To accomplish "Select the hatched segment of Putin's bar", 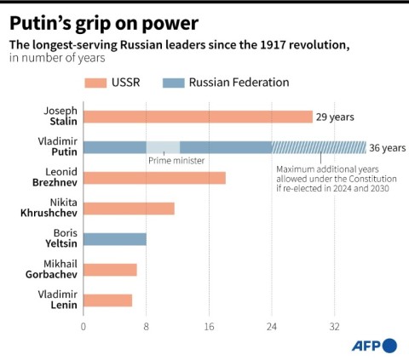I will (x=319, y=147).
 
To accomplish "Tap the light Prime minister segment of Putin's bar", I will (x=163, y=147).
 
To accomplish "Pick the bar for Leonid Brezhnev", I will (x=154, y=178).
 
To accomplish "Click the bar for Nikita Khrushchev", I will (x=129, y=209).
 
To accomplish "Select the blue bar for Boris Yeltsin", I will (x=115, y=239).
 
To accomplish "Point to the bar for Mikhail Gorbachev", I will (x=110, y=270).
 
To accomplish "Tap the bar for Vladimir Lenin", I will (x=107, y=300).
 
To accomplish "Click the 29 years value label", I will (x=335, y=117).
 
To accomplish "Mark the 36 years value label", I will (x=388, y=148).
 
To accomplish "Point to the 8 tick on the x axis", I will (x=147, y=326).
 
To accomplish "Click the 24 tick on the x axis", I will (x=272, y=326).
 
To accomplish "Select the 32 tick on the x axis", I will (x=335, y=326).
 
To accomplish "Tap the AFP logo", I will (x=374, y=345).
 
